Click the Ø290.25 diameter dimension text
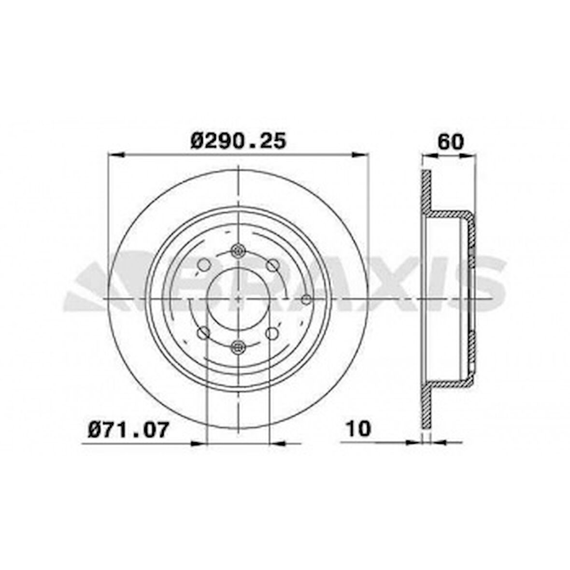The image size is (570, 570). pyautogui.click(x=239, y=141)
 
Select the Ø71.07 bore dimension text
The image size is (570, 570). pyautogui.click(x=129, y=429)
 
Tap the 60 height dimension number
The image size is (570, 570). pyautogui.click(x=450, y=142)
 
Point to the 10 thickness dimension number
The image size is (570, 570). pyautogui.click(x=358, y=428)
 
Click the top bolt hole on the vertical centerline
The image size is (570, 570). pyautogui.click(x=238, y=250)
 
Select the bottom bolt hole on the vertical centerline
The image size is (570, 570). pyautogui.click(x=238, y=346)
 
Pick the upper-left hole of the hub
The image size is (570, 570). pyautogui.click(x=204, y=264)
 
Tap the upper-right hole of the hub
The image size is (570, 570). pyautogui.click(x=273, y=265)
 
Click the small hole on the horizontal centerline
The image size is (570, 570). pyautogui.click(x=306, y=299)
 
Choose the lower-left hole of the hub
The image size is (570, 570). pyautogui.click(x=203, y=332)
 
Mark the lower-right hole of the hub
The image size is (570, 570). pyautogui.click(x=272, y=333)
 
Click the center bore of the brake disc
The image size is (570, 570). pyautogui.click(x=238, y=299)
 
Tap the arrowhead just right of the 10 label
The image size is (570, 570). pyautogui.click(x=413, y=442)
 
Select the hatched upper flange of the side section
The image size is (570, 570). pyautogui.click(x=426, y=193)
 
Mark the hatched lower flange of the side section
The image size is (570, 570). pyautogui.click(x=426, y=406)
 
